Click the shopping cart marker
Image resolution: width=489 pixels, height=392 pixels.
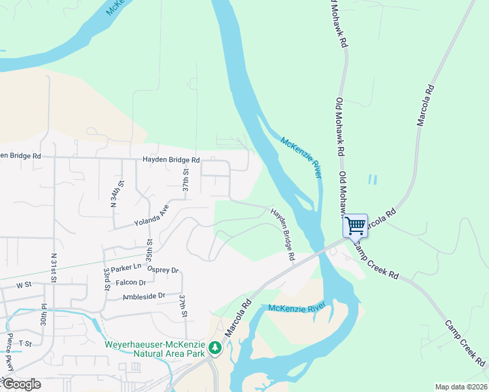point(356,226)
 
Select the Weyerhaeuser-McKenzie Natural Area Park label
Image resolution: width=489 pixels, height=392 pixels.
point(155,349)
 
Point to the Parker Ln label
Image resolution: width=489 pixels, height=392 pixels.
point(126,267)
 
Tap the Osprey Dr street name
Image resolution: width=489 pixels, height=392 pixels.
point(162,270)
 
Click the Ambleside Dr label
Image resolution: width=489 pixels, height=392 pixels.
point(145,297)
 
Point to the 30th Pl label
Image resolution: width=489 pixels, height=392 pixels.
point(43,314)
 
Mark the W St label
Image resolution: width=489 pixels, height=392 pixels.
point(24,285)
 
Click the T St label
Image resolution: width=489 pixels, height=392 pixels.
point(25,344)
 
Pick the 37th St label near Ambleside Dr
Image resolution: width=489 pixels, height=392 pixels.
point(185,306)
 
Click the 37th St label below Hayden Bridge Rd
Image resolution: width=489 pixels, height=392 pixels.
point(186,181)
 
